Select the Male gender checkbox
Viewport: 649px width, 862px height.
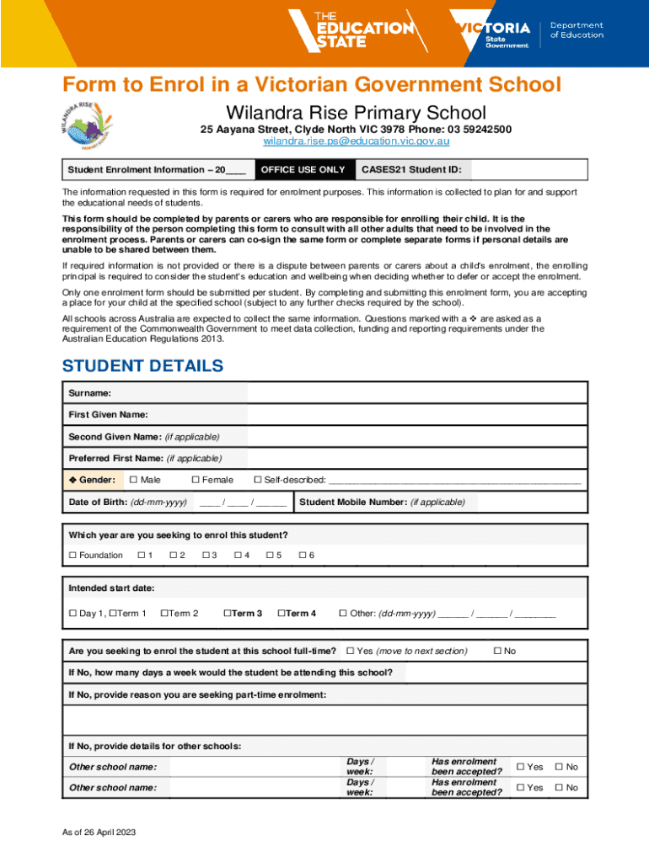click(132, 480)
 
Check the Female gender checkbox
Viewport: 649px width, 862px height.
click(196, 480)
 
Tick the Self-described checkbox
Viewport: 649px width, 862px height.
click(258, 480)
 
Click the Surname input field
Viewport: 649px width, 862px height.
click(416, 393)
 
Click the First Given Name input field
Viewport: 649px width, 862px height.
click(416, 415)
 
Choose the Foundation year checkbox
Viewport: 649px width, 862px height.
click(72, 555)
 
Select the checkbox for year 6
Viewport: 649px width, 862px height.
click(303, 555)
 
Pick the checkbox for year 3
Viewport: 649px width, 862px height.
click(206, 555)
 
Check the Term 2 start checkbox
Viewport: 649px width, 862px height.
click(164, 613)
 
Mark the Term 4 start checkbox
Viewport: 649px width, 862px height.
click(282, 613)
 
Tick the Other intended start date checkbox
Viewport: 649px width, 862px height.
click(343, 613)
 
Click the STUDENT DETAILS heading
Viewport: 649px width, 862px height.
click(143, 366)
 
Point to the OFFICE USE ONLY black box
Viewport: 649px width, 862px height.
click(303, 170)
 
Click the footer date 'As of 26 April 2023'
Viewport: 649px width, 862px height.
click(99, 833)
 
